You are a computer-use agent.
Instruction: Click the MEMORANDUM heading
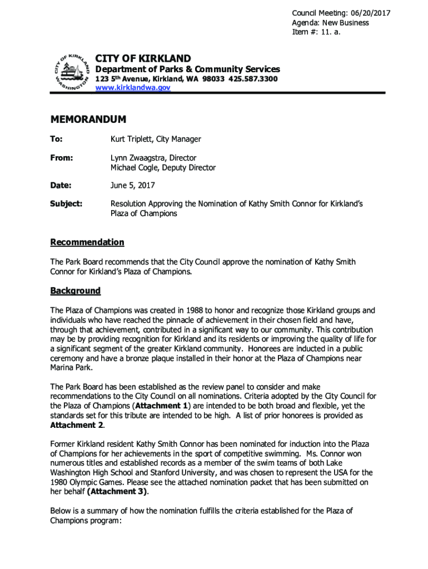(x=88, y=119)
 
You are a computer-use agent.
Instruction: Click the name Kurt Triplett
(x=133, y=139)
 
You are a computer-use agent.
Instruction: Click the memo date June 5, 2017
(x=133, y=185)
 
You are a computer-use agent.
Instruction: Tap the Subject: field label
(x=67, y=204)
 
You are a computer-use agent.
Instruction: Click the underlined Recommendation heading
(x=87, y=242)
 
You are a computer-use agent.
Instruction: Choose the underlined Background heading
(x=76, y=291)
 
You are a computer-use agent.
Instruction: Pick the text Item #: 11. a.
(x=316, y=32)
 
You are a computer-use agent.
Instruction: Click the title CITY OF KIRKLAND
(x=143, y=58)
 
